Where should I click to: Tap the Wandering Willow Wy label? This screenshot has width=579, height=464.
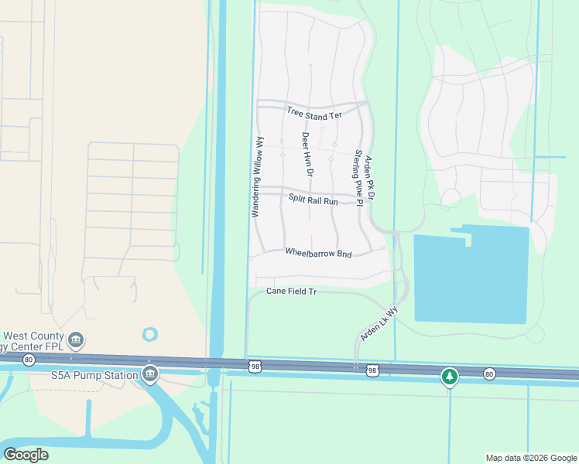point(260,177)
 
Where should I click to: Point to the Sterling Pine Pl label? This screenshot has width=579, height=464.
point(358,174)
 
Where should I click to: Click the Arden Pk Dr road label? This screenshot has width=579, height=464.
point(369,179)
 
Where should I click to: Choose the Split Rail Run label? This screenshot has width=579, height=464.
point(313,200)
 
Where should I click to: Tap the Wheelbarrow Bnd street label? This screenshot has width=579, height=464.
point(318,253)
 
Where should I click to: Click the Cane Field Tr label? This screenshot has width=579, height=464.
point(292,292)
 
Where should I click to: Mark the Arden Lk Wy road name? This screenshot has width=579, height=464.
point(379,324)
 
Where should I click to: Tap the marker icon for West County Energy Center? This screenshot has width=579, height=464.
point(76,339)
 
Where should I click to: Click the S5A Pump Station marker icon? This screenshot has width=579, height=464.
point(149,375)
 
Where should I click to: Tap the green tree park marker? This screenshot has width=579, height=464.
point(450,377)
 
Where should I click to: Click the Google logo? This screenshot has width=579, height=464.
point(26,455)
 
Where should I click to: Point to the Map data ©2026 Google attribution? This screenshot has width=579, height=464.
point(530,458)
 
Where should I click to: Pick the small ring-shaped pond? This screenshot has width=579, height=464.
point(149,335)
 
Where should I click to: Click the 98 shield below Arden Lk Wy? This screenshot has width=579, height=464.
point(372,371)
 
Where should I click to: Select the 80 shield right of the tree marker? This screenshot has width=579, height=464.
point(488,374)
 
